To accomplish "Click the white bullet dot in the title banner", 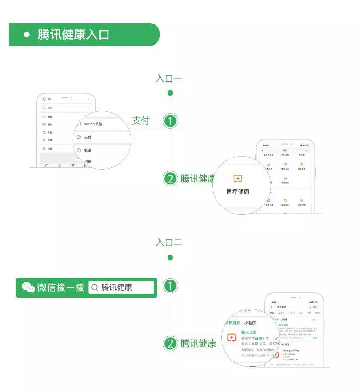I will pyautogui.click(x=27, y=35).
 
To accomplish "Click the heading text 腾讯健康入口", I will pyautogui.click(x=73, y=35).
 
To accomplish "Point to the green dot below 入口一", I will pyautogui.click(x=170, y=93).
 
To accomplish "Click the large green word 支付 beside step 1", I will pyautogui.click(x=141, y=121).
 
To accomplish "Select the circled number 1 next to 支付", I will pyautogui.click(x=170, y=121).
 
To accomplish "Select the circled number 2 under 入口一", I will pyautogui.click(x=170, y=179).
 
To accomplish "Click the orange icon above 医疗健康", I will pyautogui.click(x=238, y=179).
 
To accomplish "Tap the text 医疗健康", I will pyautogui.click(x=238, y=191).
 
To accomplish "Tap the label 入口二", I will pyautogui.click(x=169, y=243).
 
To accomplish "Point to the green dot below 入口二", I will pyautogui.click(x=170, y=258).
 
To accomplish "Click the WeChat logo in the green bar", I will pyautogui.click(x=28, y=288).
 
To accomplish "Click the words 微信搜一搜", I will pyautogui.click(x=60, y=288).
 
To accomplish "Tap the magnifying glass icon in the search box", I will pyautogui.click(x=95, y=288).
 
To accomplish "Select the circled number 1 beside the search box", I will pyautogui.click(x=170, y=287).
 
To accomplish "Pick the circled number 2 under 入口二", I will pyautogui.click(x=170, y=343).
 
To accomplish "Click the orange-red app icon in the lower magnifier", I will pyautogui.click(x=232, y=338).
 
